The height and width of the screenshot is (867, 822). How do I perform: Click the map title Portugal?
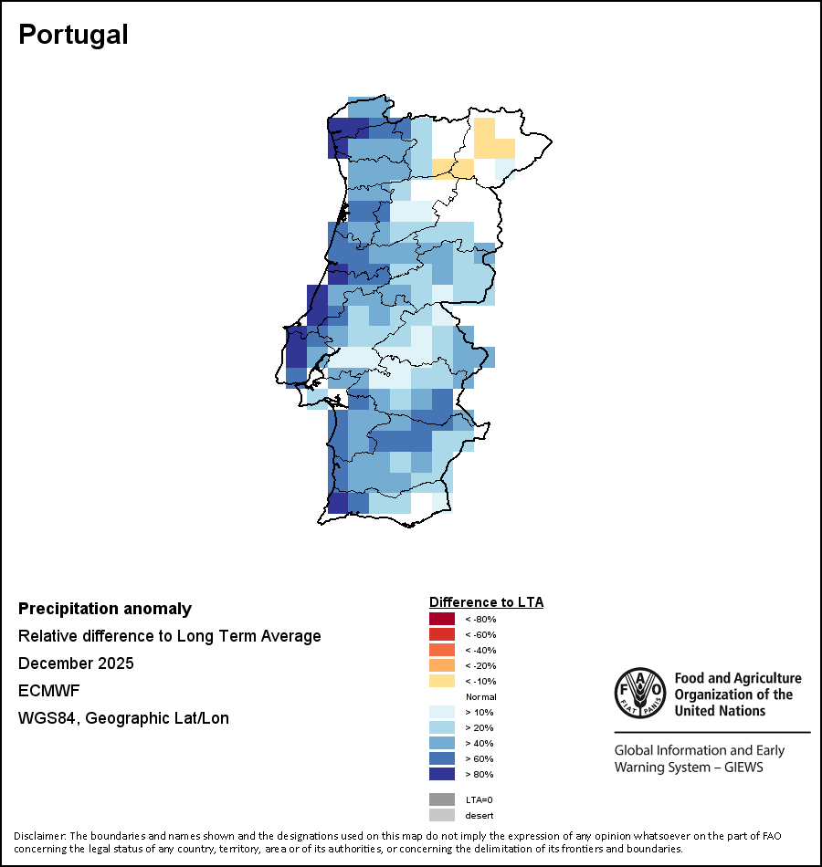tap(73, 35)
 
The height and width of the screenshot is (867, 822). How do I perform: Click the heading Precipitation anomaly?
tap(105, 609)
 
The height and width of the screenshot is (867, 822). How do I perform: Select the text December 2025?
tap(76, 663)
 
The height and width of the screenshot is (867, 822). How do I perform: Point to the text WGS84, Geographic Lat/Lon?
tap(123, 718)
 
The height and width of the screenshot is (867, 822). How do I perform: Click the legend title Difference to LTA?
tap(486, 602)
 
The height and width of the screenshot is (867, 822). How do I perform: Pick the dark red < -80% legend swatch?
tap(442, 619)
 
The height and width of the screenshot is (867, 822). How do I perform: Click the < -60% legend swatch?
tap(442, 634)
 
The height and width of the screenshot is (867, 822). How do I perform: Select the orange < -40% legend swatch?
tap(442, 650)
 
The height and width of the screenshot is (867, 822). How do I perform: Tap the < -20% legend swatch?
tap(442, 665)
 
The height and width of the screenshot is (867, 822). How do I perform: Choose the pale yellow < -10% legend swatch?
tap(442, 681)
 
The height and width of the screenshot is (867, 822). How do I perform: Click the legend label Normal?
tap(480, 696)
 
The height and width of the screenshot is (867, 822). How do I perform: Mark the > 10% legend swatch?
tap(442, 712)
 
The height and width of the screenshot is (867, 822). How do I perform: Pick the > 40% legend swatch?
tap(442, 743)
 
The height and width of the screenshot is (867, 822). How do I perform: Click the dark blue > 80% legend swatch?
tap(442, 774)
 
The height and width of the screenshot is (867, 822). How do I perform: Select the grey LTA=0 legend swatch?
tap(442, 799)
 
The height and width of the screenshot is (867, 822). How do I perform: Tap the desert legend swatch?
tap(442, 815)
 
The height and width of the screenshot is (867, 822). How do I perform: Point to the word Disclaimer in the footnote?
tap(40, 836)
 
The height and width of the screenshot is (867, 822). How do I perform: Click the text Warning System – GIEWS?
tap(689, 768)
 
